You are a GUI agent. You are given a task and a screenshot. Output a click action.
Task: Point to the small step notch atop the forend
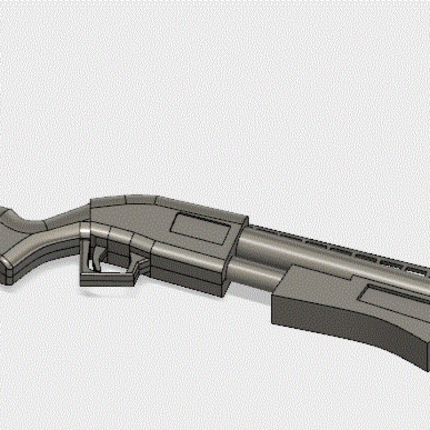point(287,272)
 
